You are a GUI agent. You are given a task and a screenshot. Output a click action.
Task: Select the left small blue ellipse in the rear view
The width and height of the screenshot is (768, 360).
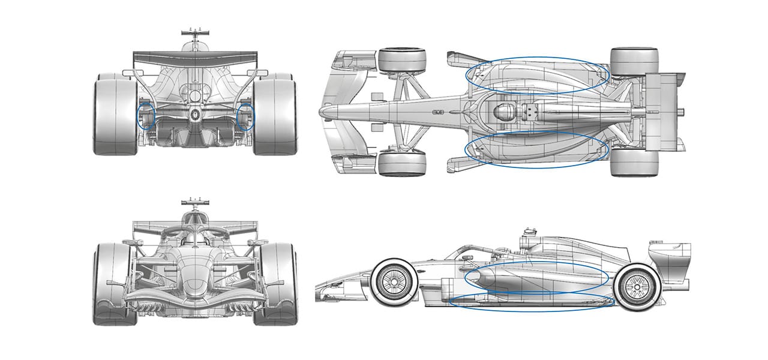tap(146, 116)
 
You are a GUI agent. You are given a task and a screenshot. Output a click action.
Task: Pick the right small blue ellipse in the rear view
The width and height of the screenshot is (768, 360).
tap(245, 116)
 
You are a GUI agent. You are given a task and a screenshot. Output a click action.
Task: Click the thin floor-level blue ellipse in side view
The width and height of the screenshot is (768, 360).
tap(531, 301)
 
